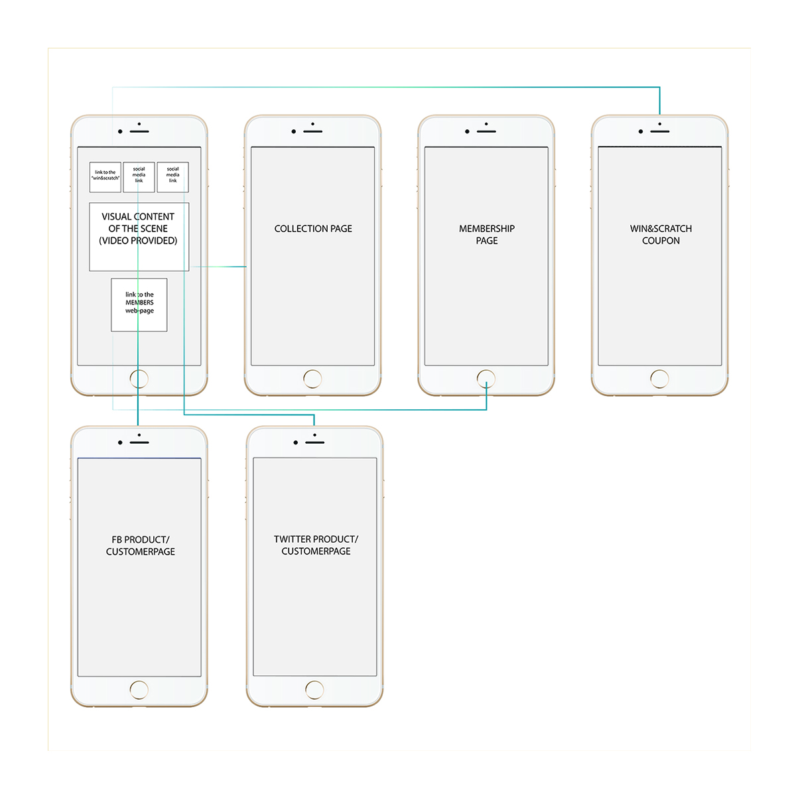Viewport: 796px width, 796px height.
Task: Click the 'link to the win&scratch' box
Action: coord(105,177)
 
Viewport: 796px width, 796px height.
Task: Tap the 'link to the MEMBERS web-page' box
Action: coord(139,304)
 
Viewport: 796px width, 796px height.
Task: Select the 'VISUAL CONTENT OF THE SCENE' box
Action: coord(139,236)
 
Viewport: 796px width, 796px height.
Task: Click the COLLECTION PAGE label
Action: coord(313,229)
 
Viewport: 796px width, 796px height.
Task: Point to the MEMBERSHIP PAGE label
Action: coord(487,234)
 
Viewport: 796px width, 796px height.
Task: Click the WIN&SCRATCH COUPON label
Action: coord(661,234)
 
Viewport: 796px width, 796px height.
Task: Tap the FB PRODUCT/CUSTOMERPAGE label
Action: coord(140,545)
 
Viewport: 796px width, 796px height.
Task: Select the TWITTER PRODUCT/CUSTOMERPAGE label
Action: coord(316,545)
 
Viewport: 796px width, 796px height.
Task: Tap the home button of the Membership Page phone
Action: coord(486,379)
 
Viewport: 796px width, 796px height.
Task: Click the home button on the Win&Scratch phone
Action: coord(660,379)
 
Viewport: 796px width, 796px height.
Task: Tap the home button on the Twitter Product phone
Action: coord(314,690)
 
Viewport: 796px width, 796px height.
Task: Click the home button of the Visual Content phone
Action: coord(139,379)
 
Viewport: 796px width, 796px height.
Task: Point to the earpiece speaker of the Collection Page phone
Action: coord(313,131)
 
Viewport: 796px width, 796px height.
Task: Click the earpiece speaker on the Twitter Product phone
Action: coord(315,442)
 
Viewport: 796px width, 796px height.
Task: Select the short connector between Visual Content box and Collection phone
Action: coord(218,267)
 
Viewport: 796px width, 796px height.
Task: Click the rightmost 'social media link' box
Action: coord(173,177)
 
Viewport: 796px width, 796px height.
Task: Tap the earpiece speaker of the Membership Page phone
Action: coord(487,131)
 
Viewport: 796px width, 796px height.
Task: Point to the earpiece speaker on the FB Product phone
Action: coord(139,442)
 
